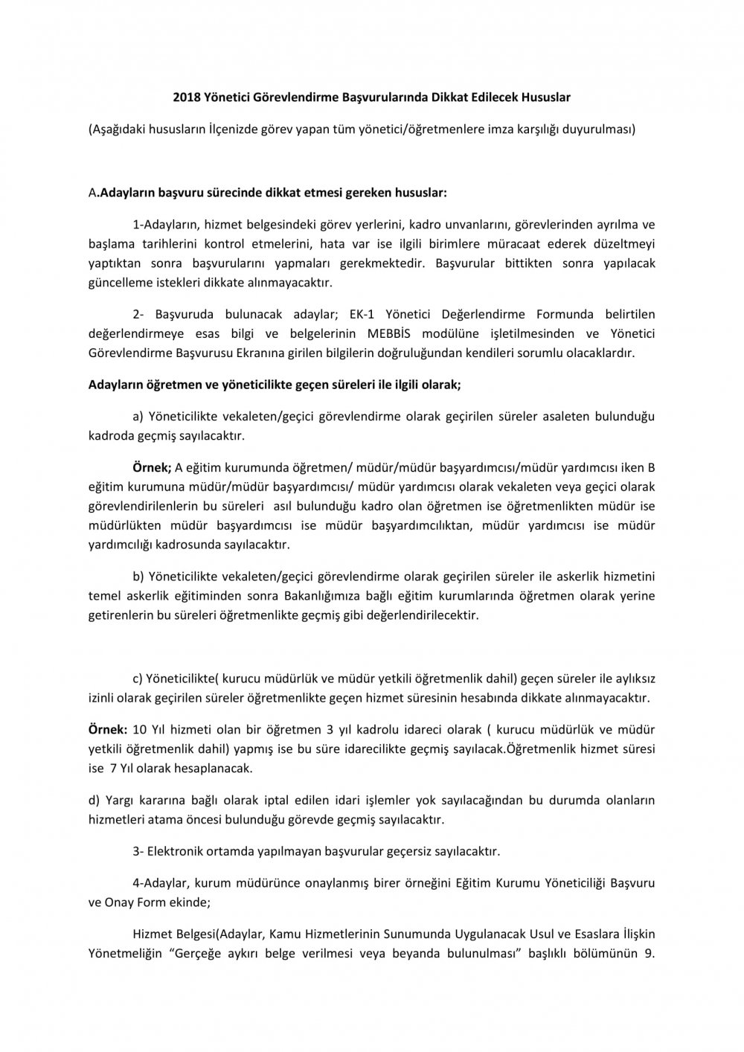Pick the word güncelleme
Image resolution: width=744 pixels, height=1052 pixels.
(x=118, y=283)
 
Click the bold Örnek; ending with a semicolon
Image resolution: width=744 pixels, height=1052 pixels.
(x=152, y=467)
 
